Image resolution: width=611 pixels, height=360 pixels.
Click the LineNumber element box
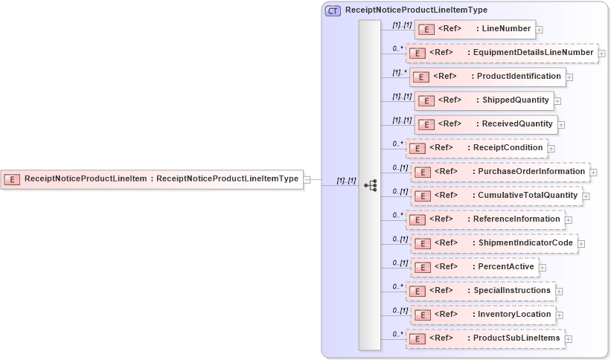point(475,29)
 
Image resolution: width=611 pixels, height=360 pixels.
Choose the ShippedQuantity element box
point(483,100)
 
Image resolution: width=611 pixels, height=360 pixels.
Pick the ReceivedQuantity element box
point(485,124)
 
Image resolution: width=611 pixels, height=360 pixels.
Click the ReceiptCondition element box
point(476,148)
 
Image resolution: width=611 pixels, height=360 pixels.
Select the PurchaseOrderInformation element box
point(500,172)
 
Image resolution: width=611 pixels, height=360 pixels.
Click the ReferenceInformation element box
point(484,219)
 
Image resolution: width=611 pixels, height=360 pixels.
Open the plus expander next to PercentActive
point(543,268)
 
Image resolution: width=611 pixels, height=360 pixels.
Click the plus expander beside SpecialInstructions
point(559,292)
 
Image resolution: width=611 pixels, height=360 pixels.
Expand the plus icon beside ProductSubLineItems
point(569,339)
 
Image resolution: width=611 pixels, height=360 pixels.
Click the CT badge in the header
point(333,10)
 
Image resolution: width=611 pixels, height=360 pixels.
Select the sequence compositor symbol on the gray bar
point(370,185)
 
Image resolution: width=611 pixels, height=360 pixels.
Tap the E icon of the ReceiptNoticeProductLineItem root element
point(12,179)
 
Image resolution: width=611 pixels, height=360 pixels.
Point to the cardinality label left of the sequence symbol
point(346,181)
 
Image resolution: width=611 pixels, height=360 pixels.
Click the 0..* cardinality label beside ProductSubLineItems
point(397,334)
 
